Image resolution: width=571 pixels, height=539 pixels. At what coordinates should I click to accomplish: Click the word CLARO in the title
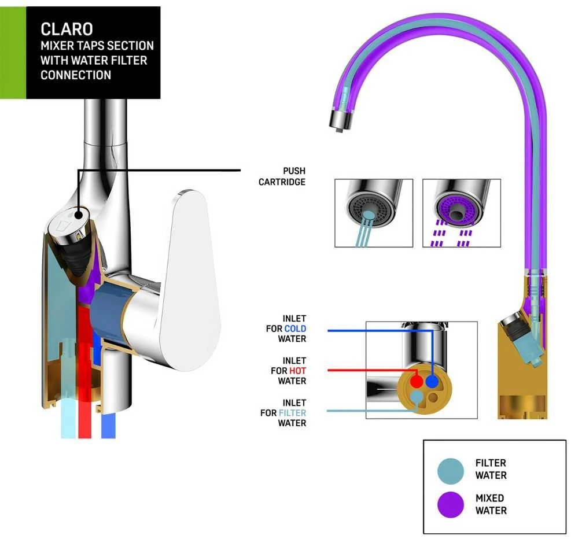coord(67,29)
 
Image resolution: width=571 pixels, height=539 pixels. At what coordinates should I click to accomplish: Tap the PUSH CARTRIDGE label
coord(282,176)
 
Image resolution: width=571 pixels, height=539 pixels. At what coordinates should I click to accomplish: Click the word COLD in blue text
coord(295,328)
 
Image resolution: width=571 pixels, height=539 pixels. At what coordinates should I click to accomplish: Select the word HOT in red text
coord(297,371)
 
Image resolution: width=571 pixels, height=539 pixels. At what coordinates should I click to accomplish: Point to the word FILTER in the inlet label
coord(292,413)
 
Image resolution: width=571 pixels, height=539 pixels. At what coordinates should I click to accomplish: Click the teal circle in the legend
coord(451,471)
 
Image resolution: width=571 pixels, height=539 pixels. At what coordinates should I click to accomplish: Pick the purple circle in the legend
coord(451,505)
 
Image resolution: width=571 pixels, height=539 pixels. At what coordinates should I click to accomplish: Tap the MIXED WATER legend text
coord(491,504)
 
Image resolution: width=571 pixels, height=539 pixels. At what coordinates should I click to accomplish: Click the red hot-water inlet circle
coord(417,382)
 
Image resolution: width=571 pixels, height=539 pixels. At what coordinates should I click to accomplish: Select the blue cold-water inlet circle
coord(432,382)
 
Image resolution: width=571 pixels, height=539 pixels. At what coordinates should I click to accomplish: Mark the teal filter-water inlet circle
coord(416,396)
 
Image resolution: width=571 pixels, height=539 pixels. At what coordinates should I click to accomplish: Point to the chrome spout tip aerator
coord(341,119)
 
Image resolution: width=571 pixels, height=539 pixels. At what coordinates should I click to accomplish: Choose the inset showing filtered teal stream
coord(374,213)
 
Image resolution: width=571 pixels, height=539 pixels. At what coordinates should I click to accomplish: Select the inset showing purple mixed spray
coord(462,213)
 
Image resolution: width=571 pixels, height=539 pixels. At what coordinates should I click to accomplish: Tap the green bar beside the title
coord(13,53)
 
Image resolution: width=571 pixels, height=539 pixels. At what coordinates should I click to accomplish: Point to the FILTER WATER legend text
coord(491,469)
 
